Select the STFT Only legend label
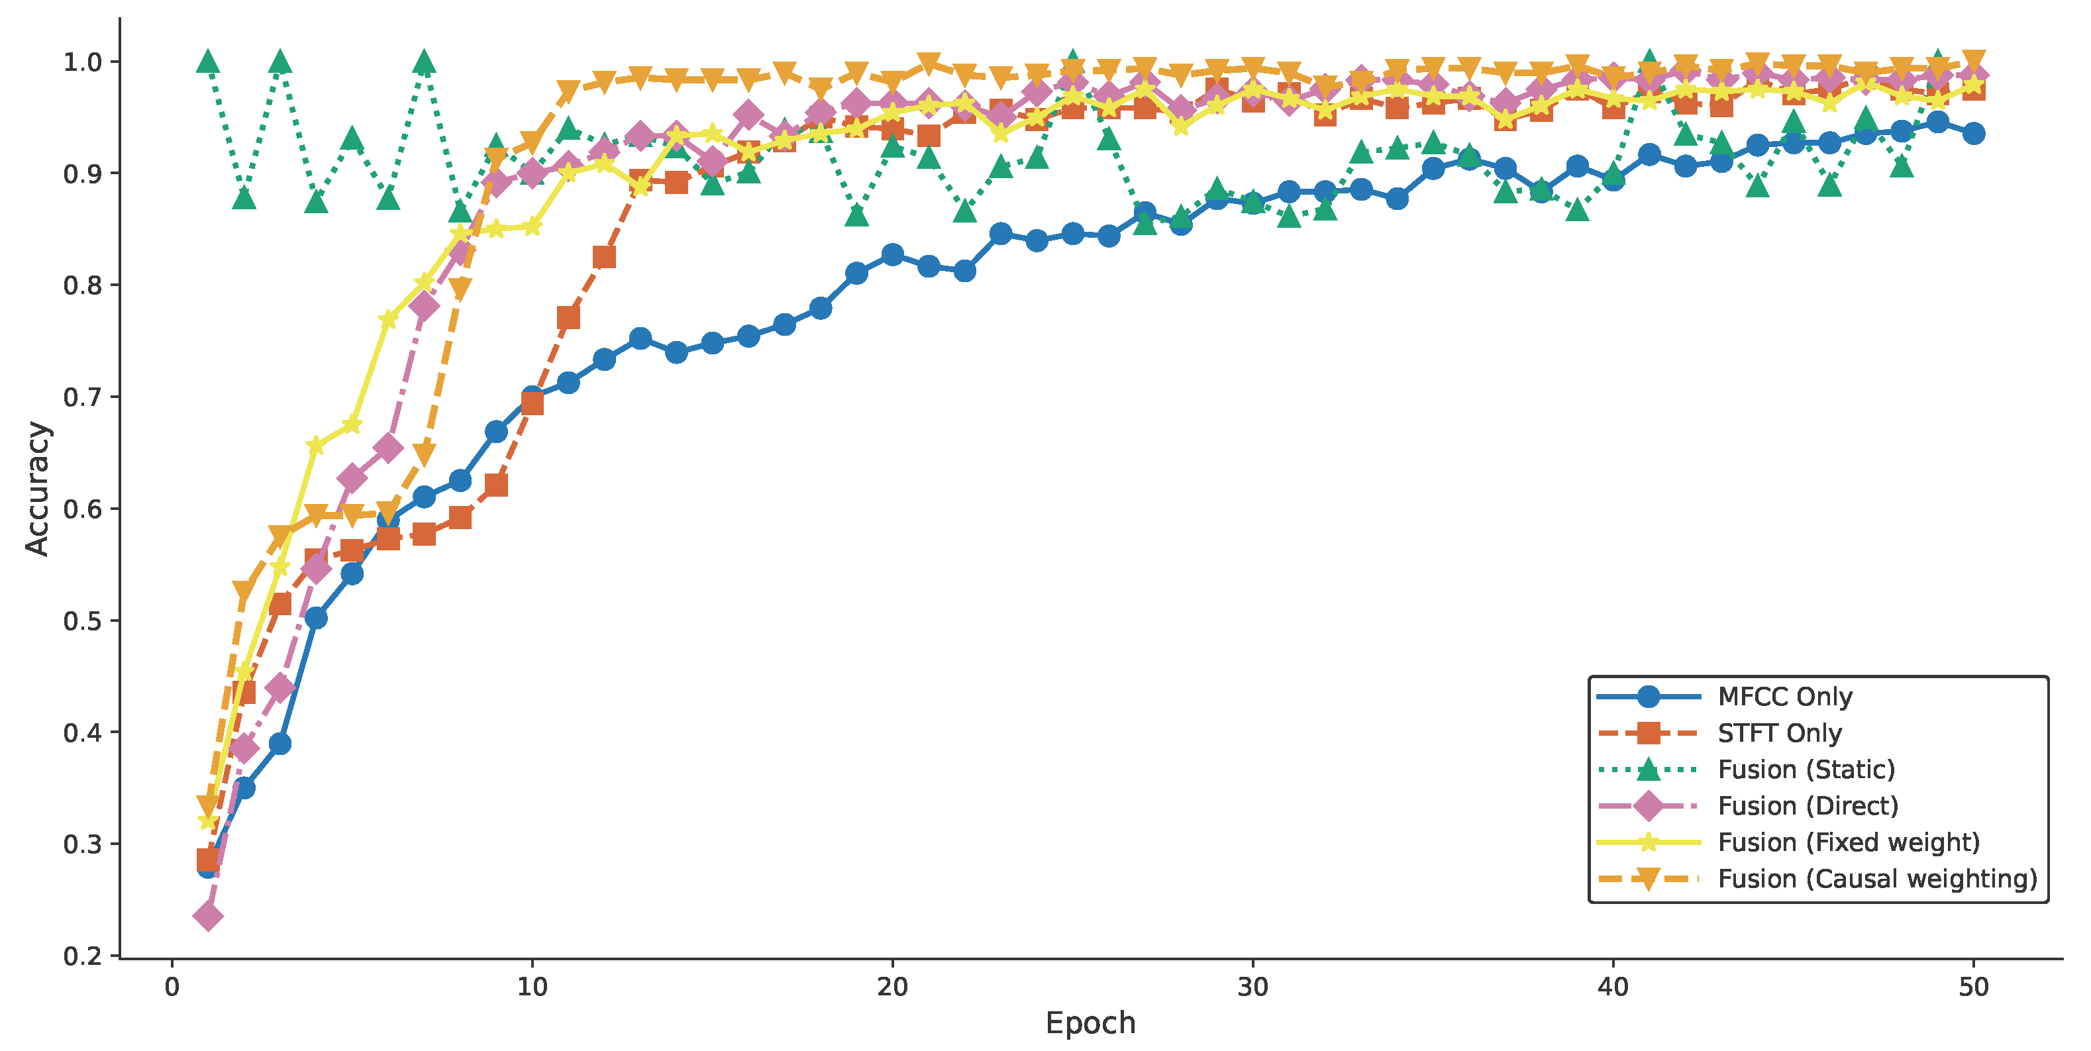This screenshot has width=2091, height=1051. [1779, 733]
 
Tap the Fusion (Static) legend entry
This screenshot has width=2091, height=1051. [1806, 770]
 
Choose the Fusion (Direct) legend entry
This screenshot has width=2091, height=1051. [1808, 806]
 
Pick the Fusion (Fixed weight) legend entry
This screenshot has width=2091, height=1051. [1849, 842]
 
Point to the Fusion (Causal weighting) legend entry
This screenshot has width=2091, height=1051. [1876, 879]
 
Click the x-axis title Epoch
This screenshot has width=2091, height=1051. [1090, 1023]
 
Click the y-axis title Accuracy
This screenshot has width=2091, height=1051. [37, 489]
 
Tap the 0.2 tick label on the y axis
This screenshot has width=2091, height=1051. [83, 956]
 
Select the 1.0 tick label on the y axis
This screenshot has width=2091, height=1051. [83, 62]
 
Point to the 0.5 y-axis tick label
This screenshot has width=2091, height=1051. [83, 621]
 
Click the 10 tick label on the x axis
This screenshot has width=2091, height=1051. [532, 987]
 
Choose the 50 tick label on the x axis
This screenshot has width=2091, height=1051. [1973, 987]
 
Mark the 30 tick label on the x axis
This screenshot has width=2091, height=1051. [1252, 987]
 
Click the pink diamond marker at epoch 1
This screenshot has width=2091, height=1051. [208, 917]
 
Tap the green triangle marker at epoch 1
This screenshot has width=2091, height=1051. [208, 61]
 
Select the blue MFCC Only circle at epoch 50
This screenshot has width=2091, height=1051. [1973, 134]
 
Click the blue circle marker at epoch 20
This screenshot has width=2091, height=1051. [892, 255]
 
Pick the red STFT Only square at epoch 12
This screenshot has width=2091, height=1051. [604, 257]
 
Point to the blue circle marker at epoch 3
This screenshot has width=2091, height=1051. [280, 744]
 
